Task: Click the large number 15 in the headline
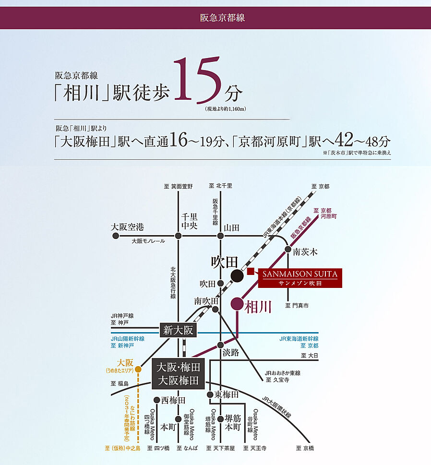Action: pyautogui.click(x=197, y=80)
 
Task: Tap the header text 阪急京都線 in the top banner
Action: pyautogui.click(x=215, y=18)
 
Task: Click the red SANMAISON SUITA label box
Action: pyautogui.click(x=300, y=278)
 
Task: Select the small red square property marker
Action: pyautogui.click(x=250, y=272)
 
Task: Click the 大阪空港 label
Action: pyautogui.click(x=127, y=227)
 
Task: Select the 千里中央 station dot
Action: pyautogui.click(x=179, y=236)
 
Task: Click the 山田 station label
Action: pyautogui.click(x=232, y=227)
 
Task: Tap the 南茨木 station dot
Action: pyautogui.click(x=288, y=249)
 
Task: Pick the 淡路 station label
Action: pyautogui.click(x=230, y=353)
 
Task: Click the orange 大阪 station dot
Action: pyautogui.click(x=138, y=370)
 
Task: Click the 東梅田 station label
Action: pyautogui.click(x=227, y=394)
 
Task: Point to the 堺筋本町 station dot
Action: pyautogui.click(x=220, y=419)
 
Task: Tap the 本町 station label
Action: pyautogui.click(x=168, y=427)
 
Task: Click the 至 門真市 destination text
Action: pyautogui.click(x=297, y=305)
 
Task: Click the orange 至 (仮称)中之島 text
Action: pyautogui.click(x=122, y=448)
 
